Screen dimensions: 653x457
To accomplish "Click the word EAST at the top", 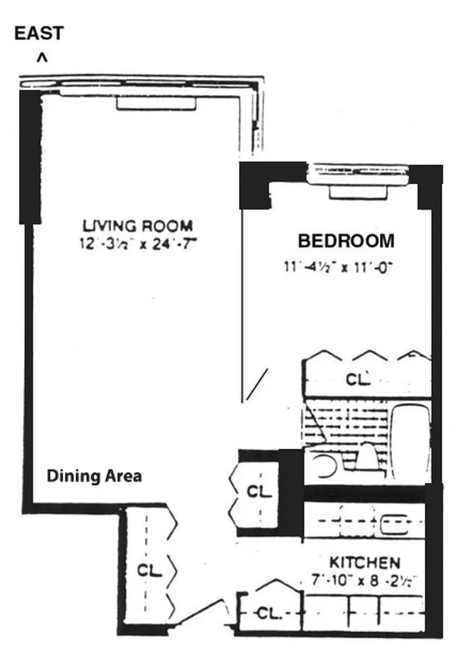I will point(40,34).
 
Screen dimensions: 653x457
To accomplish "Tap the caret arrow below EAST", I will point(41,59).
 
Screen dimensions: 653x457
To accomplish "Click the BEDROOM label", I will point(346,241).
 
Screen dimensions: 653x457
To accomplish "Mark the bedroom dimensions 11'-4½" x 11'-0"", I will point(337,267).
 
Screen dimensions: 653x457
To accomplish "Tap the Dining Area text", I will point(94,476).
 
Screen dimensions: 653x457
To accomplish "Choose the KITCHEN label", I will point(364,563).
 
